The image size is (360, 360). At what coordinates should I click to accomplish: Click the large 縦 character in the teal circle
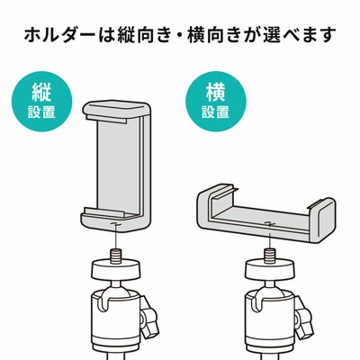(x=42, y=92)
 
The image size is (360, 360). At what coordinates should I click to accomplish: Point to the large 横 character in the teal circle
(x=216, y=92)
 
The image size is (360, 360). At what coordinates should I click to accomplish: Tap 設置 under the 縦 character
(x=42, y=112)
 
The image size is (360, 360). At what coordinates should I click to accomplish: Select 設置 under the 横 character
(x=216, y=112)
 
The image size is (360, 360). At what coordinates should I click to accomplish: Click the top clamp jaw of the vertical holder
(x=115, y=110)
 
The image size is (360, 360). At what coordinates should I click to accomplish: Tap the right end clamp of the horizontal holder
(x=322, y=220)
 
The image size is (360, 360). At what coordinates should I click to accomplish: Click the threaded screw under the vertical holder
(x=114, y=257)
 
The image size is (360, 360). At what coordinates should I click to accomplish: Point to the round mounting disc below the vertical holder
(x=114, y=271)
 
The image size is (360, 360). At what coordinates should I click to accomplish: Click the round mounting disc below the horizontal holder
(x=269, y=269)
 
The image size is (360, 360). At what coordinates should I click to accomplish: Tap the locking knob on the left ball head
(x=149, y=317)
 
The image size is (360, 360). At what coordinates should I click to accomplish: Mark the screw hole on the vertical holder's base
(x=115, y=224)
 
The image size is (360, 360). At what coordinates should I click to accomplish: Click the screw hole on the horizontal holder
(x=270, y=223)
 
